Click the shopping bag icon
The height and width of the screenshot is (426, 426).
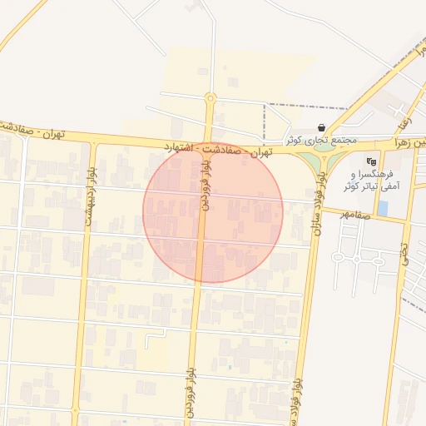pyautogui.click(x=322, y=127)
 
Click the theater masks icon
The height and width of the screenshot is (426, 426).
pyautogui.click(x=371, y=160)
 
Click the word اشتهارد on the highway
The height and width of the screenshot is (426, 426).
pyautogui.click(x=182, y=146)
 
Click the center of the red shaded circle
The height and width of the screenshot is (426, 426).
pyautogui.click(x=213, y=213)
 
